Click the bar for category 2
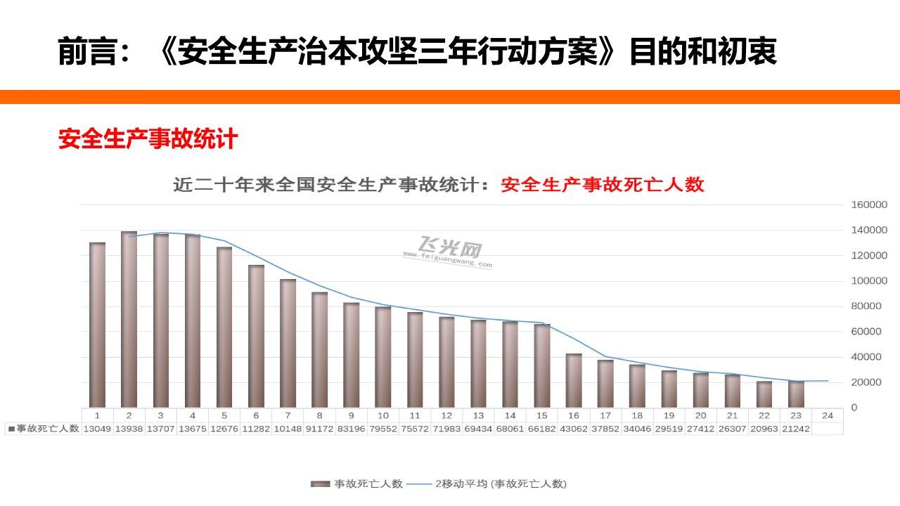pos(129,320)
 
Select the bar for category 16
pos(574,380)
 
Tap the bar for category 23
pos(796,394)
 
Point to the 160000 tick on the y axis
pos(869,205)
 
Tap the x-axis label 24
pos(828,415)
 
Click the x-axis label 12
pos(446,415)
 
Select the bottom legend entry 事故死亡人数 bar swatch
pos(321,484)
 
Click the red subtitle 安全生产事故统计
pos(148,138)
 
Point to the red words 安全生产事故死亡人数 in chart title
pos(603,184)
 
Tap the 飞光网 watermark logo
pos(450,250)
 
